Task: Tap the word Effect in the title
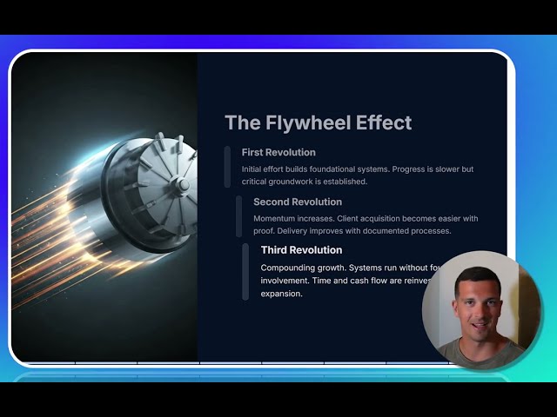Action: pyautogui.click(x=383, y=122)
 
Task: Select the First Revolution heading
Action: pyautogui.click(x=278, y=153)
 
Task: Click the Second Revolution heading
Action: pyautogui.click(x=298, y=202)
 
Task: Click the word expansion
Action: pyautogui.click(x=281, y=294)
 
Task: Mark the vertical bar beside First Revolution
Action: pyautogui.click(x=227, y=167)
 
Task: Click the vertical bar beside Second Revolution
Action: pyautogui.click(x=239, y=216)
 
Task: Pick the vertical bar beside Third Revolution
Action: pyautogui.click(x=245, y=272)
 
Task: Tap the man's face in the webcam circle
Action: pyautogui.click(x=475, y=308)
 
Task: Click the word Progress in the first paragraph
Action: pyautogui.click(x=411, y=169)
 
